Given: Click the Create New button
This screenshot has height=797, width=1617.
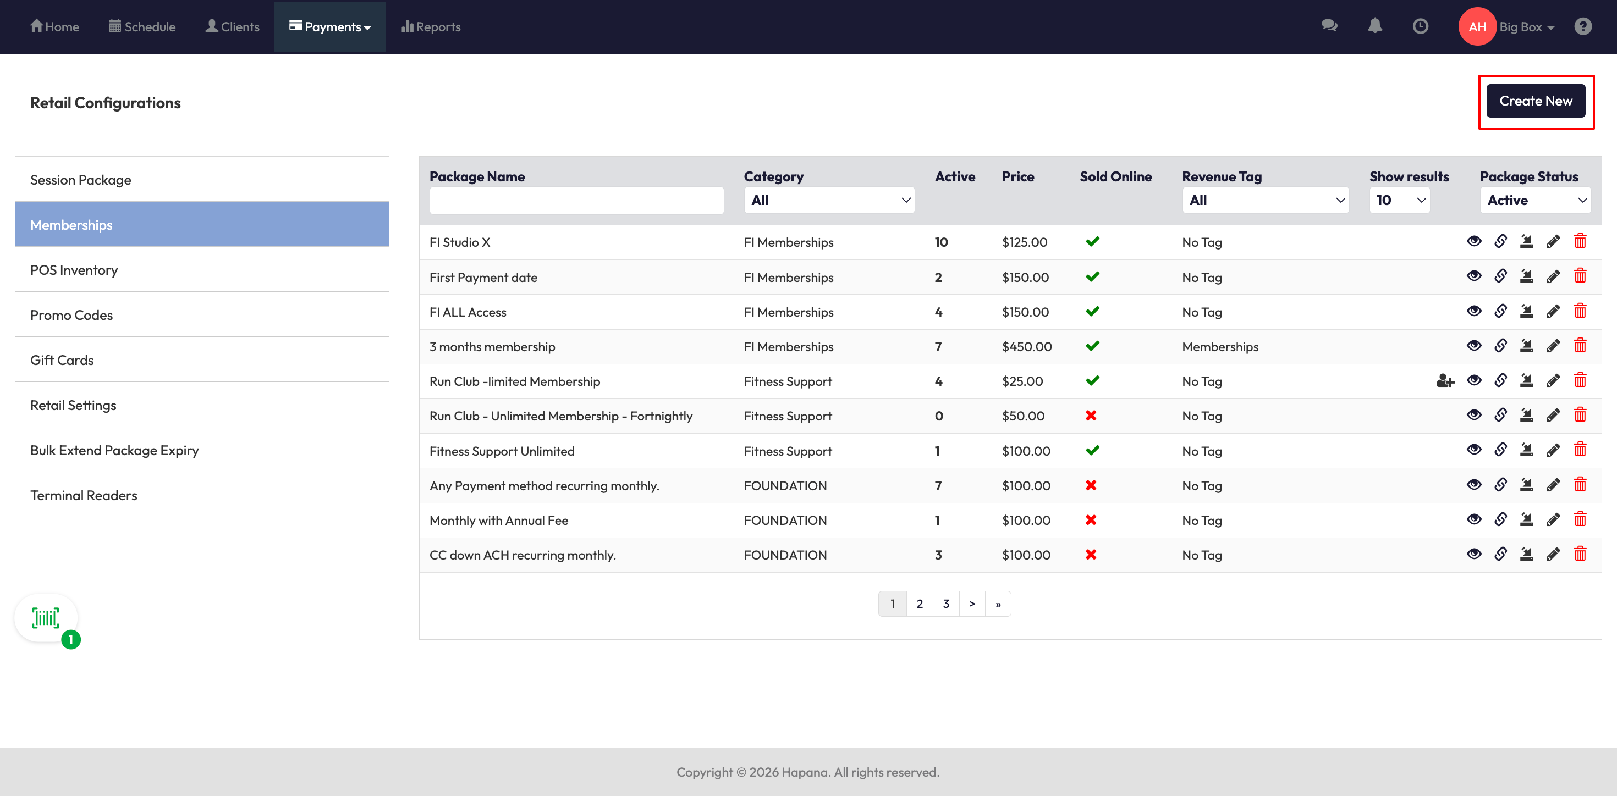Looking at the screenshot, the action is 1536,101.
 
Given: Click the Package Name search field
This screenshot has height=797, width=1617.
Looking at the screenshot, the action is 576,201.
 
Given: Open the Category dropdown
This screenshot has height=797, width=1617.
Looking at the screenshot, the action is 829,200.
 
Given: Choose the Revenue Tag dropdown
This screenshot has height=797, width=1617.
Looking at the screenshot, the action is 1266,200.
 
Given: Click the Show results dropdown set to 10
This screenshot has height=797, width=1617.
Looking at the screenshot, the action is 1400,200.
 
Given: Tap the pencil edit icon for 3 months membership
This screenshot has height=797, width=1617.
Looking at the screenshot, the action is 1553,346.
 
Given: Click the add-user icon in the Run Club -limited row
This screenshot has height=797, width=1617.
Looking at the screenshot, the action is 1445,380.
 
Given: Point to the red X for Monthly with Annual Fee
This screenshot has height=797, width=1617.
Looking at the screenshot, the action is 1091,519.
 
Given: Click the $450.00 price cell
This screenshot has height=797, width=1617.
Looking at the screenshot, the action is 1027,346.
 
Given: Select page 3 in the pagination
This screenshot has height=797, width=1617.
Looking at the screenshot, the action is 945,604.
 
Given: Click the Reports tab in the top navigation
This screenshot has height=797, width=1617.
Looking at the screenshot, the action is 431,26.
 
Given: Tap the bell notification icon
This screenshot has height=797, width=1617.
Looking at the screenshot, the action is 1374,26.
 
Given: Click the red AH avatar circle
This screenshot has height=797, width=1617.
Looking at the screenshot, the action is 1477,26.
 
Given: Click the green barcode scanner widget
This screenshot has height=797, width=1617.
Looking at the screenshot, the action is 46,618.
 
